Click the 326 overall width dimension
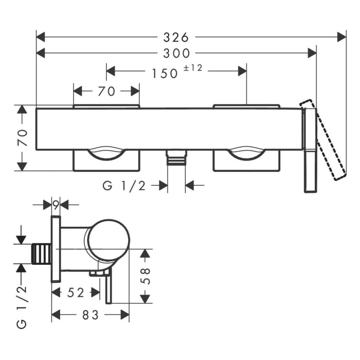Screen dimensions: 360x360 (x=176, y=37)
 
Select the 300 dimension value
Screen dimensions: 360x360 (x=176, y=53)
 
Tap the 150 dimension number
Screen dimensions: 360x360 (x=165, y=73)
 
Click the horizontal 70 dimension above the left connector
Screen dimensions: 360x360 (x=106, y=92)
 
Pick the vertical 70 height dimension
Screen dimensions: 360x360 (x=22, y=138)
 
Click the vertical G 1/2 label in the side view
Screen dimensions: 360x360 (x=22, y=307)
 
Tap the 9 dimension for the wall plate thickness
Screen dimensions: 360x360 (x=56, y=204)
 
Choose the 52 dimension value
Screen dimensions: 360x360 (x=76, y=293)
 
